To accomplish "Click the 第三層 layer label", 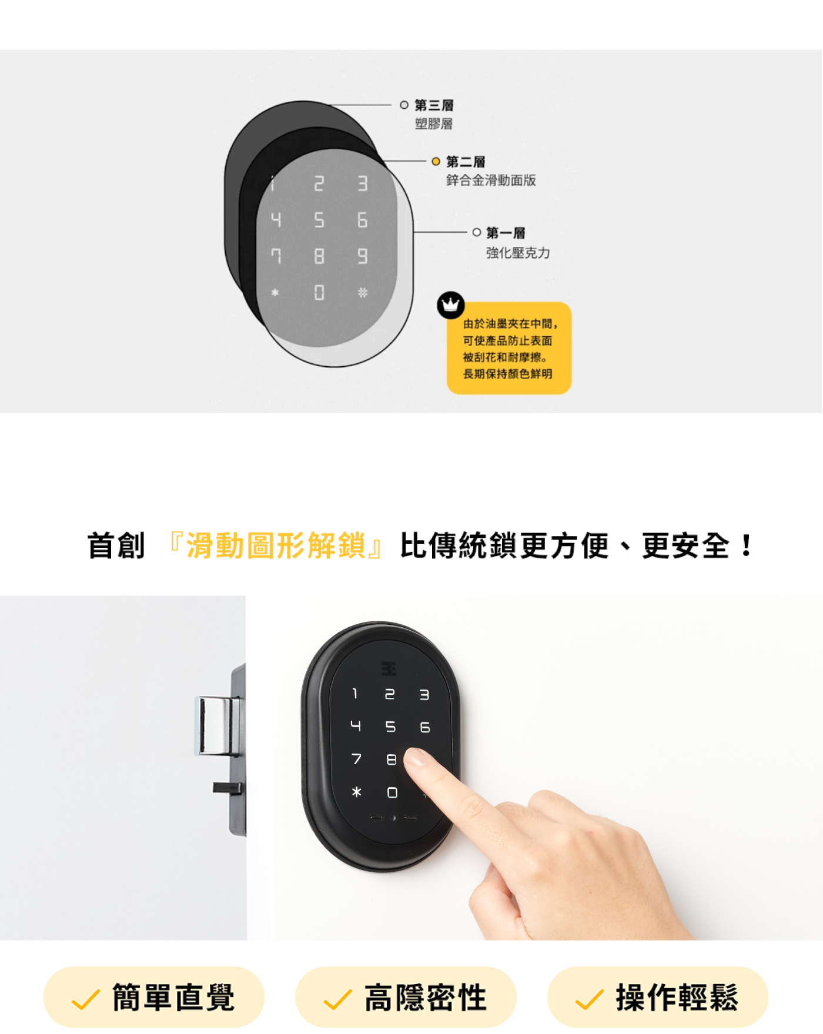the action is coord(434,105).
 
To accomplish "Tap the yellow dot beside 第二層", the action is coord(436,161).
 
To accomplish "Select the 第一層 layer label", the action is coord(506,233).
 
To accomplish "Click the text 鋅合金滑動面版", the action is coord(491,180).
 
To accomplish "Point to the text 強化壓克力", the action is coord(518,253).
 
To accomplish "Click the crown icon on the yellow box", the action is coord(451,305).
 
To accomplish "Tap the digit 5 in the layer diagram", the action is coord(319,220).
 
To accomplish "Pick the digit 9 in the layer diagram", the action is coord(362,256).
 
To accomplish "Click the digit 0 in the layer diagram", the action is coord(319,292).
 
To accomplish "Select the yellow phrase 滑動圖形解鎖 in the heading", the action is coord(276,546).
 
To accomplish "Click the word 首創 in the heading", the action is coord(116,546).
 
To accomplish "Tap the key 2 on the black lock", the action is coord(389,694).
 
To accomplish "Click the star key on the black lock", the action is coord(356,792).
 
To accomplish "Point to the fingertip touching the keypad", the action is coord(417,757).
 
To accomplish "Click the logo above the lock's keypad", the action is coord(389,669).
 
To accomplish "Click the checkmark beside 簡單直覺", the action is coord(85,999).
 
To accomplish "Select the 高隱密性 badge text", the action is coord(426,998).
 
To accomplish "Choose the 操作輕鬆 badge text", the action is coord(677,998).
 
